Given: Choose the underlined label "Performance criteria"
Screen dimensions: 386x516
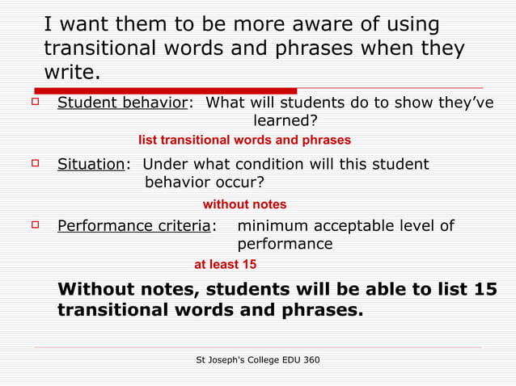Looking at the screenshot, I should [x=133, y=226].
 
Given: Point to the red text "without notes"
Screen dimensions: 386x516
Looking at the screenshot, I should [x=244, y=204].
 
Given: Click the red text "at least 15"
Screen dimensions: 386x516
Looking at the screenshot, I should [x=226, y=264].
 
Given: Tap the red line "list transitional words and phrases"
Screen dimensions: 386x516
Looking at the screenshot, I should [x=244, y=140].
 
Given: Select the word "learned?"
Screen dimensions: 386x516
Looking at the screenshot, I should [x=285, y=121].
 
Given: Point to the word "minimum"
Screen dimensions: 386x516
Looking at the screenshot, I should [x=271, y=226].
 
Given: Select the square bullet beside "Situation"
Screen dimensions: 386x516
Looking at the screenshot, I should [x=35, y=163].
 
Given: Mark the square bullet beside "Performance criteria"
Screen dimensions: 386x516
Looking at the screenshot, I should [x=35, y=224].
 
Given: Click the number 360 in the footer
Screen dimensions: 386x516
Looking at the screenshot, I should [x=308, y=358].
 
